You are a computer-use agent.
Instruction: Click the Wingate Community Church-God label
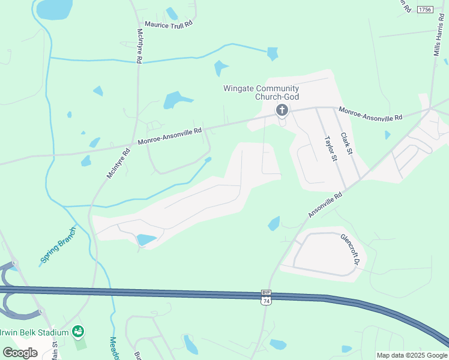261,92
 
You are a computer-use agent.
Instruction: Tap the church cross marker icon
282,110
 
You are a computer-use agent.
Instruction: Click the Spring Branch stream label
58,246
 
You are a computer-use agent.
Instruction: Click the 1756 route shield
425,9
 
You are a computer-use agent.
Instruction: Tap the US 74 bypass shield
265,297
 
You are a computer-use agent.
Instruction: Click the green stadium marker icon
77,331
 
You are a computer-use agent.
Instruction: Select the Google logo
20,353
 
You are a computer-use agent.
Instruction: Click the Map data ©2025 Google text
412,355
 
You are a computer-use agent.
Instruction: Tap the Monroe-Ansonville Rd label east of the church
370,113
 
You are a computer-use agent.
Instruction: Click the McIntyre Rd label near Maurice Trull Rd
139,46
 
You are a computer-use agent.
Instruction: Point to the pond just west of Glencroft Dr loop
274,223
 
